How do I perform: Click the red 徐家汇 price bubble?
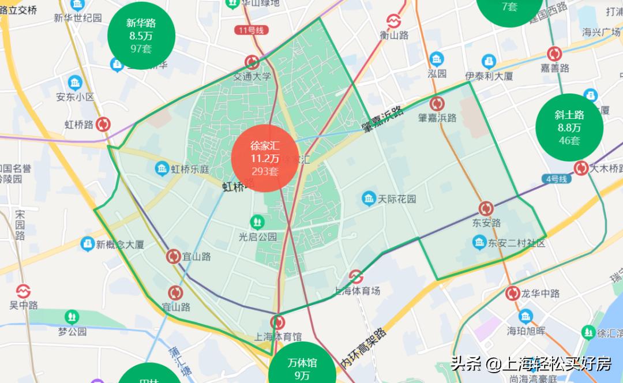point(265,158)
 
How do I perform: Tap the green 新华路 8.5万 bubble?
point(141,36)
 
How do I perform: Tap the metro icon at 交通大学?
point(252,62)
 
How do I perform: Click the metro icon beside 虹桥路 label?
point(104,124)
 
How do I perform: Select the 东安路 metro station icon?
point(486,209)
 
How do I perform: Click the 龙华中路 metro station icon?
point(512,294)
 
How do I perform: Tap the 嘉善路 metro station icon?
point(554,54)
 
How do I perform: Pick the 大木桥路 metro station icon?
point(581,168)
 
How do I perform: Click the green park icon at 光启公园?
point(257,221)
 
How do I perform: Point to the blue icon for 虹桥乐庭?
point(162,169)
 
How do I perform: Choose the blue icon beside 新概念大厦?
point(87,245)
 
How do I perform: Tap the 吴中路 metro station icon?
point(23,290)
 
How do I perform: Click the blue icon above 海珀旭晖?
point(526,316)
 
